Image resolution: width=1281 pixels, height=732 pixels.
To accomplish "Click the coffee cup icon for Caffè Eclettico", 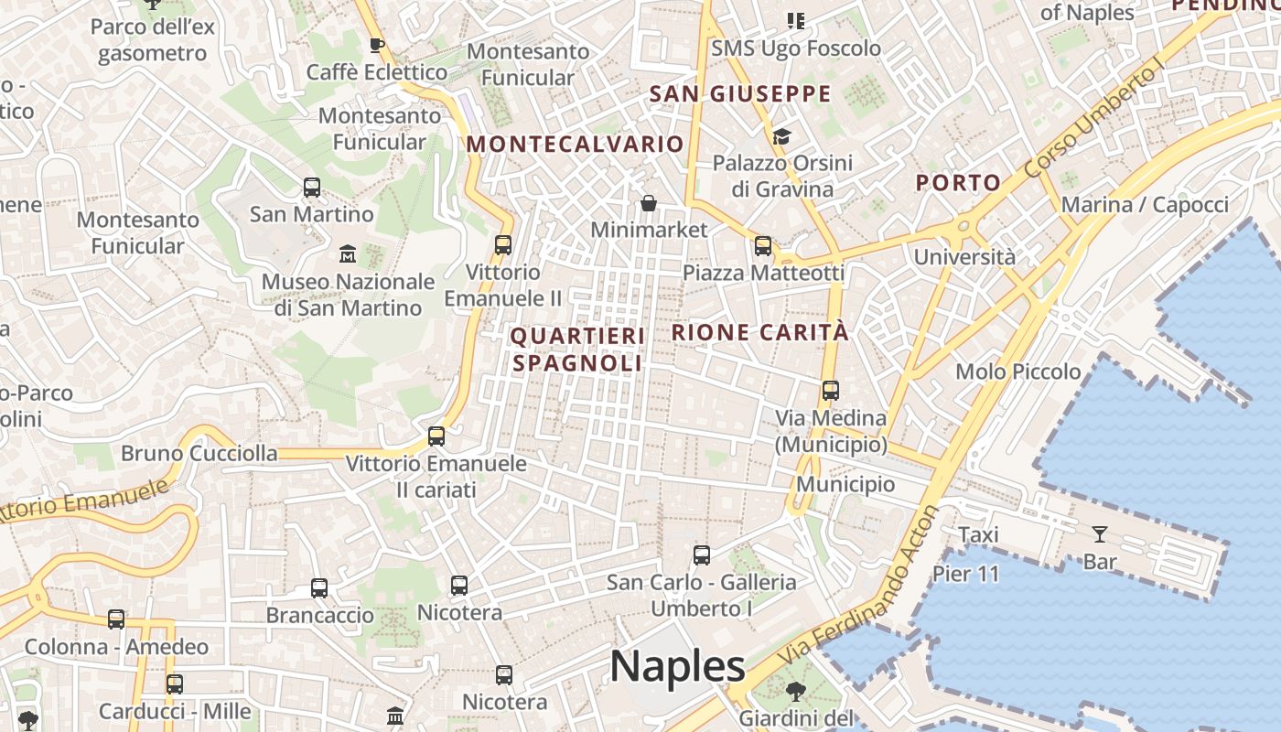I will point(376,45).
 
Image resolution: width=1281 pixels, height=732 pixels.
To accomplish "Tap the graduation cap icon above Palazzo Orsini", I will point(781,136).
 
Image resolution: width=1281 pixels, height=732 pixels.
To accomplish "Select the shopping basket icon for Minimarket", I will point(649,202).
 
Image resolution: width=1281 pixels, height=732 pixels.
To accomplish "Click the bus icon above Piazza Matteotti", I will point(762,245).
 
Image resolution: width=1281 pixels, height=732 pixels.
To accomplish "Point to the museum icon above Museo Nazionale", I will point(348,253).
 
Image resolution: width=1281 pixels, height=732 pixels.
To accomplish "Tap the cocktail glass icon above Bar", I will point(1099,533).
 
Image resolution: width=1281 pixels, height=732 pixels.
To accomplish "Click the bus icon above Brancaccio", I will point(318,588).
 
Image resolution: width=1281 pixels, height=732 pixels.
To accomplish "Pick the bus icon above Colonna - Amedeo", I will point(116,619).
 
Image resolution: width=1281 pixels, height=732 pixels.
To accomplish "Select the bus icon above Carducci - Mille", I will point(174,684).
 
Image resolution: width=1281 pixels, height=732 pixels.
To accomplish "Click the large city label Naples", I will point(677,666).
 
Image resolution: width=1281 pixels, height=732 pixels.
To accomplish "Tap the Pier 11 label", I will point(965,575).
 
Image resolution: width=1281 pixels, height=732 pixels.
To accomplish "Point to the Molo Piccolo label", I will point(1017,371).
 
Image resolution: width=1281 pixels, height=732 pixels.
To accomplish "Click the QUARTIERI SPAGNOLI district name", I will point(577,350).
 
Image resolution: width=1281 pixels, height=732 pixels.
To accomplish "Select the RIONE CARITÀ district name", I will point(760,332).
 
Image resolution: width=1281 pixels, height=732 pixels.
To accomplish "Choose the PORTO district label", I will point(958,182).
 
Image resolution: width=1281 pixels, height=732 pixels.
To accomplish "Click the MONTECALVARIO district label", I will point(575,144).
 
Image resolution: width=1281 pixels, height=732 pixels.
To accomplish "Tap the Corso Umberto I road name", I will point(1093,117).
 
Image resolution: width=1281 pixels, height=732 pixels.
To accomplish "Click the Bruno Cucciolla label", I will point(199,453).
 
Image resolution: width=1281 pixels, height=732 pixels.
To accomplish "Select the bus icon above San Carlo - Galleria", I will point(701,554).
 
